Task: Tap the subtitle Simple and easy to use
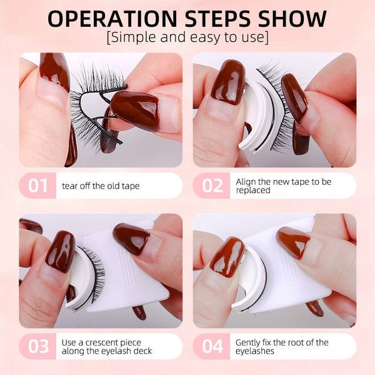click(187, 37)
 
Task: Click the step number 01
click(38, 186)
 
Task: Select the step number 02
click(212, 186)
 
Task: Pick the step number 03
click(38, 346)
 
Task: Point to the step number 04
click(212, 346)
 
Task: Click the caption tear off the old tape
click(100, 186)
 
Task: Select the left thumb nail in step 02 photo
click(226, 81)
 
